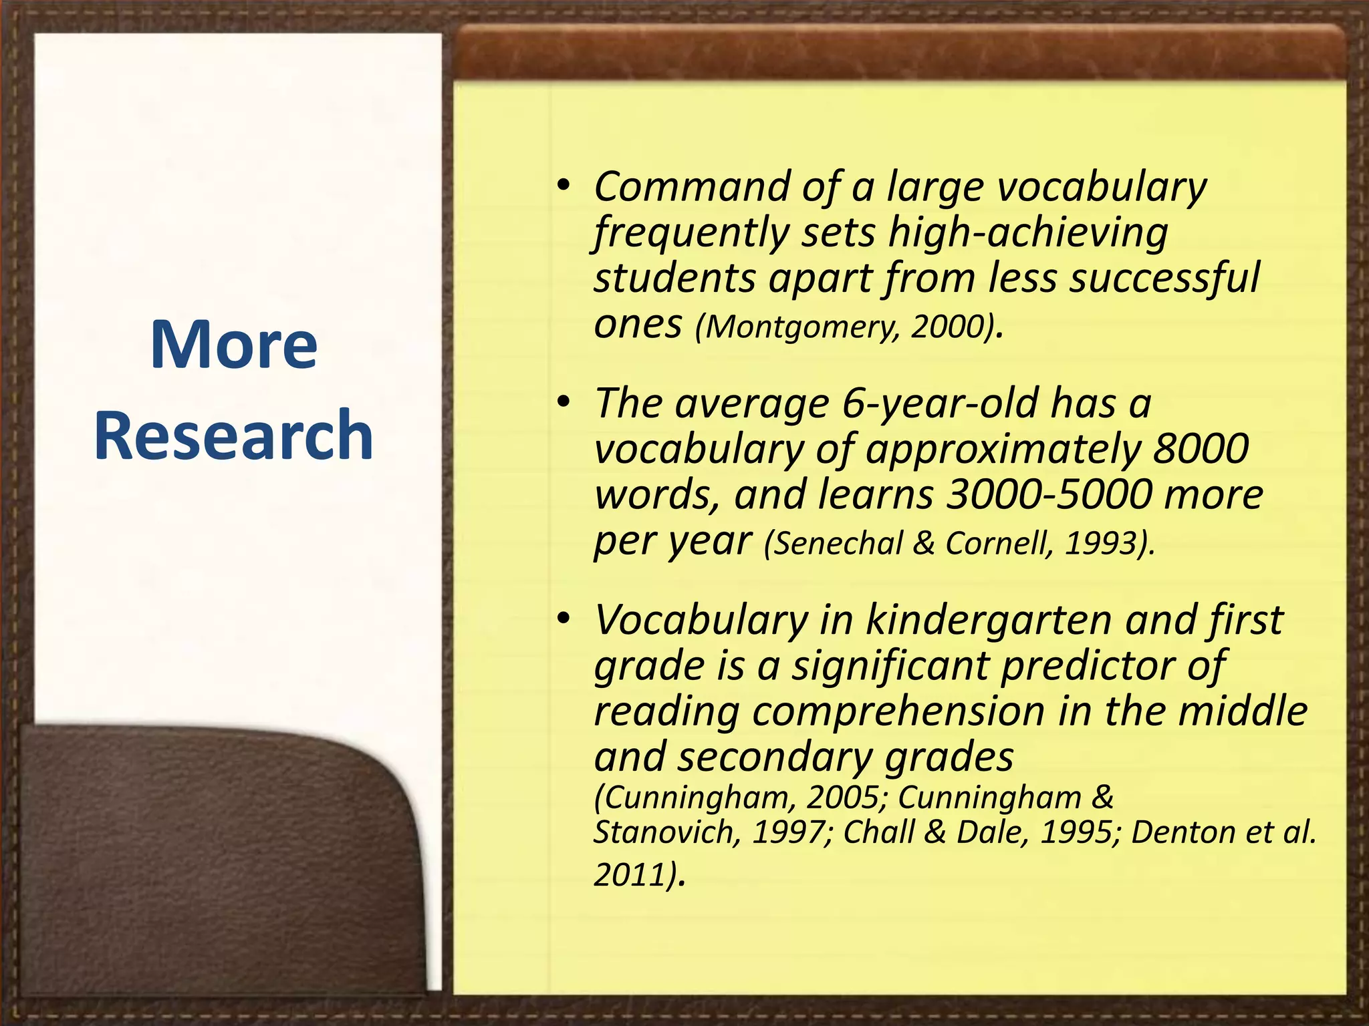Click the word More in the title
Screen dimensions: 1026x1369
click(x=233, y=345)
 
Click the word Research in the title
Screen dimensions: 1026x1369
click(x=233, y=436)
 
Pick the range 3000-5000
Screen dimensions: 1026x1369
click(x=1049, y=494)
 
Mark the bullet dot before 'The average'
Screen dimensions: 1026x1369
click(x=564, y=402)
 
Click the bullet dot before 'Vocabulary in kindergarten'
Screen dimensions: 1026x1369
click(x=564, y=619)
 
